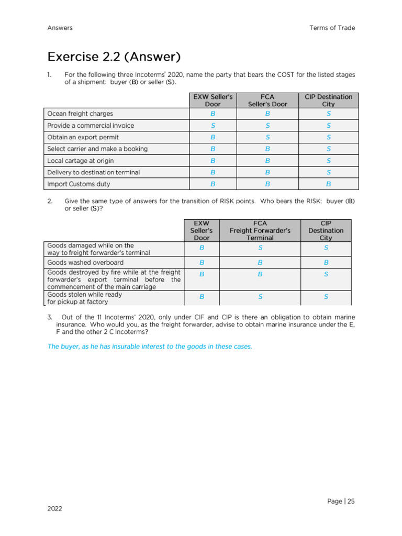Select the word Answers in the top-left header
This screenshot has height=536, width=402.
click(60, 28)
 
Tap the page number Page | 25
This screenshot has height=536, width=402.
click(341, 501)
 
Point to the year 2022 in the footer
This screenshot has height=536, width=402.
click(54, 509)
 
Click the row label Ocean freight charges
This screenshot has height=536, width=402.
click(80, 114)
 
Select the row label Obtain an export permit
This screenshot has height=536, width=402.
click(83, 137)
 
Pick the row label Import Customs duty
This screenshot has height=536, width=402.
click(79, 184)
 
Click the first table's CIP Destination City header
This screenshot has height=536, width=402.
click(328, 100)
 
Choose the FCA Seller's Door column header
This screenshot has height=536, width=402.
click(267, 100)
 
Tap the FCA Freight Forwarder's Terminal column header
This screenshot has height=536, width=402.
click(260, 230)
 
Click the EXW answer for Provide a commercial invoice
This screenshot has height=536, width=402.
click(213, 126)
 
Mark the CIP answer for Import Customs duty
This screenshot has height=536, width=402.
click(328, 184)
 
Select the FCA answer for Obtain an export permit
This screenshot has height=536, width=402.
click(267, 137)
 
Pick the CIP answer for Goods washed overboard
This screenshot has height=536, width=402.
click(326, 262)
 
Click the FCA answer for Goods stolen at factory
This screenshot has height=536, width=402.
click(260, 297)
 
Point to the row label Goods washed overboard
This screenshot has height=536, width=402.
click(85, 262)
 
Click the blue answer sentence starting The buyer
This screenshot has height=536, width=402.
click(150, 347)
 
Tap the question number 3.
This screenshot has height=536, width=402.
click(50, 317)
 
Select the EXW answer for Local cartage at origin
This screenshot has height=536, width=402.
click(213, 161)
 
